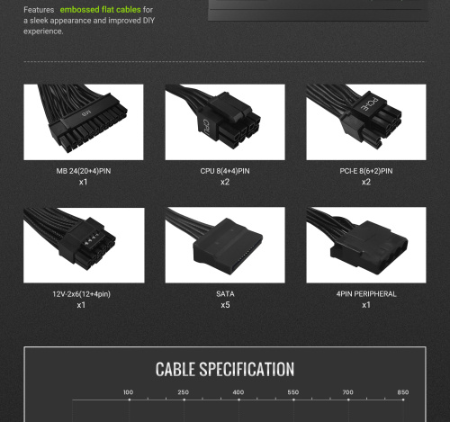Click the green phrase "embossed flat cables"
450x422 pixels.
[100, 10]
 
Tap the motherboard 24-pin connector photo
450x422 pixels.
[84, 122]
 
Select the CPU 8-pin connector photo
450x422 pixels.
[225, 122]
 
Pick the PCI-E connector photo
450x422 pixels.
[366, 122]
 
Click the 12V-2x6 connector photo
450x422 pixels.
[84, 245]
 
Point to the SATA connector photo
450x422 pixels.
[225, 245]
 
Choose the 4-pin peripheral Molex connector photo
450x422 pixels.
[366, 245]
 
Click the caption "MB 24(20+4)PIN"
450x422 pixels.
[84, 171]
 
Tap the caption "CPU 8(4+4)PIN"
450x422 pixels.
[225, 171]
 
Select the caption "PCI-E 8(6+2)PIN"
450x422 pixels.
[366, 171]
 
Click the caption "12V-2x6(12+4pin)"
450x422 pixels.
[82, 294]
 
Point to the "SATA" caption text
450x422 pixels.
[225, 294]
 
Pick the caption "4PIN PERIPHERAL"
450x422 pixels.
[366, 294]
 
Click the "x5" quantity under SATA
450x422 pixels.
[225, 305]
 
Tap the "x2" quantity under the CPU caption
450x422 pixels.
[225, 182]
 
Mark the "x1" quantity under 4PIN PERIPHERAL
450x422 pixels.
[366, 305]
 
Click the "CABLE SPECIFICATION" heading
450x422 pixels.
[225, 369]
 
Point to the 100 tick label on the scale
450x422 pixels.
[129, 392]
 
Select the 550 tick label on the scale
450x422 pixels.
[293, 392]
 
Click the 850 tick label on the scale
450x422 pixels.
[403, 392]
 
